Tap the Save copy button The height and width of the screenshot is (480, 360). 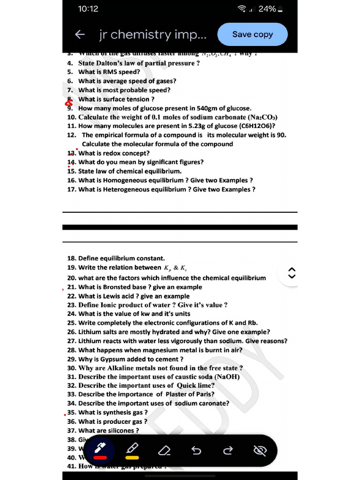click(x=252, y=34)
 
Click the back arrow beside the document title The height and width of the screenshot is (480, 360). click(x=80, y=34)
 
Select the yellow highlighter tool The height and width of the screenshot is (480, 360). click(x=132, y=450)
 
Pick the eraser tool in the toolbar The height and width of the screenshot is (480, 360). click(x=164, y=451)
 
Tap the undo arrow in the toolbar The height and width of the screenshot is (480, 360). click(x=196, y=451)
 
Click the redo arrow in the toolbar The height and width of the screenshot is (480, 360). click(x=228, y=451)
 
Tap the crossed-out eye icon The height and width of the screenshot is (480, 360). click(x=259, y=451)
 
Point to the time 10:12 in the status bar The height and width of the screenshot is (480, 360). click(x=88, y=9)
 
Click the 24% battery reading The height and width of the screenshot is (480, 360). click(x=267, y=9)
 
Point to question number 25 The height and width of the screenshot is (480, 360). click(x=72, y=323)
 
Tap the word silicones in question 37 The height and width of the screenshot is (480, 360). click(x=122, y=430)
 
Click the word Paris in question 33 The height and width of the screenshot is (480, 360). click(x=202, y=394)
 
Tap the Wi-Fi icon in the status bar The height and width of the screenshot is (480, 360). click(x=242, y=9)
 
